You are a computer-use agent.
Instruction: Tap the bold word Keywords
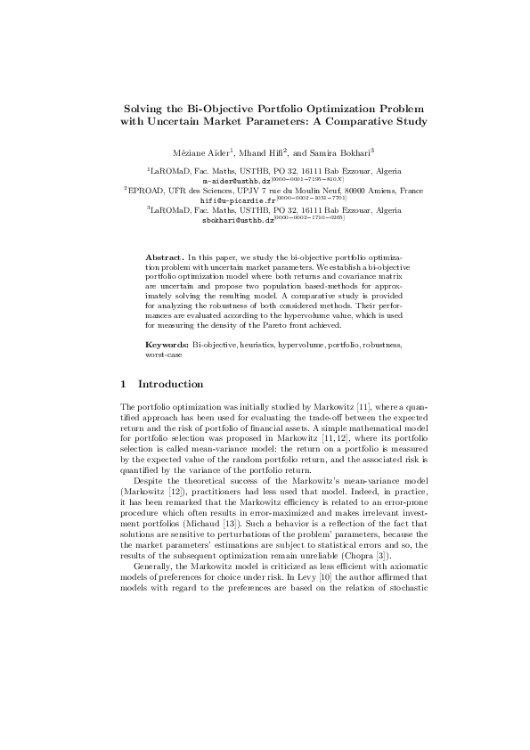(167, 343)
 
